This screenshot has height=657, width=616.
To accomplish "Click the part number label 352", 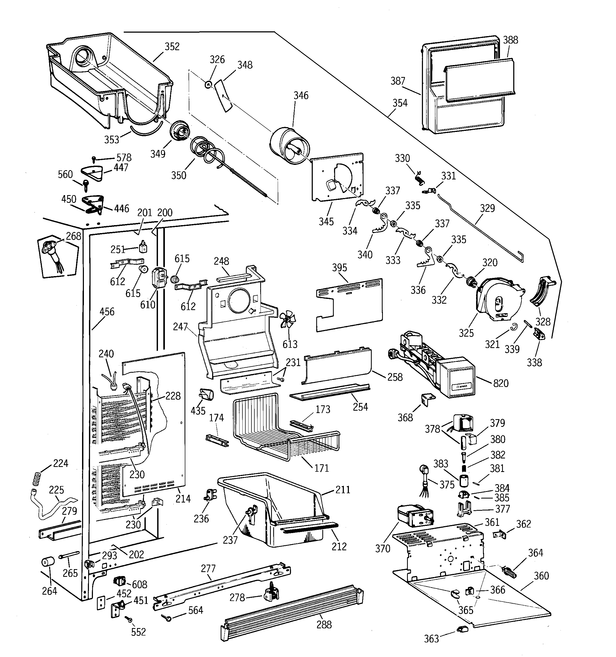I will point(172,47).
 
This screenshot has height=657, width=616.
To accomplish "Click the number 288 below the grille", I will point(324,625).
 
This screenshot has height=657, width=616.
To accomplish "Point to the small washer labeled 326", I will point(208,85).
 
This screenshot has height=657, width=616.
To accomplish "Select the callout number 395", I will point(339,268).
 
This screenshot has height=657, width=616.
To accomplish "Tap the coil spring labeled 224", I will point(37,478).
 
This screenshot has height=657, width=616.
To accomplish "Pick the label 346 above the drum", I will point(301,96).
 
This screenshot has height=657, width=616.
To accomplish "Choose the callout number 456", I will point(107,312).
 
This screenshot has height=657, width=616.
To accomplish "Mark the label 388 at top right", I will point(510,40).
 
